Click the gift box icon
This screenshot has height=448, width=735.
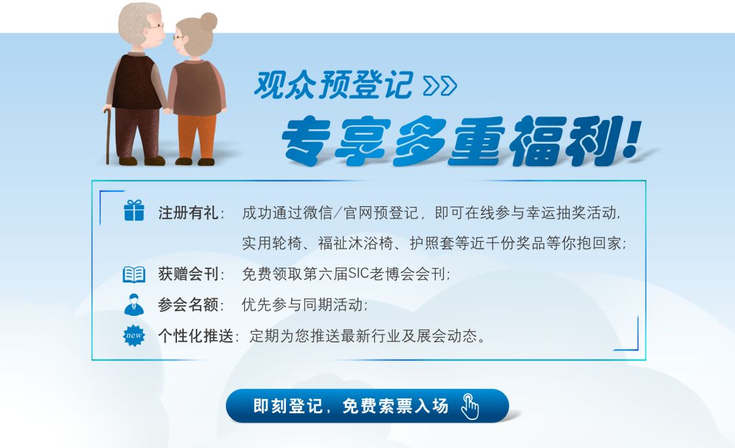[134, 210]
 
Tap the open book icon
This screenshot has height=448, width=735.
[134, 274]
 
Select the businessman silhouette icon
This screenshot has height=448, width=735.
[134, 304]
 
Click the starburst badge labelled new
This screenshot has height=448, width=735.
[134, 336]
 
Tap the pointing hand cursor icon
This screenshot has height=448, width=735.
[470, 406]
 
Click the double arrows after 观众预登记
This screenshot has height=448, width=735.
[440, 85]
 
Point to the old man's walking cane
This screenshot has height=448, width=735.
[108, 136]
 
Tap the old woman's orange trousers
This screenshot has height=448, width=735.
[197, 136]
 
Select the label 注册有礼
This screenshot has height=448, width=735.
[188, 213]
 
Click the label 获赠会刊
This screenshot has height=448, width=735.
[188, 274]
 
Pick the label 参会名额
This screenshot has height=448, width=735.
[188, 305]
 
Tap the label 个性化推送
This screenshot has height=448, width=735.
[195, 336]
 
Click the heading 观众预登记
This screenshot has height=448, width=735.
[333, 85]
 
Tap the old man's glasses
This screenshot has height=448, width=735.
[157, 27]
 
